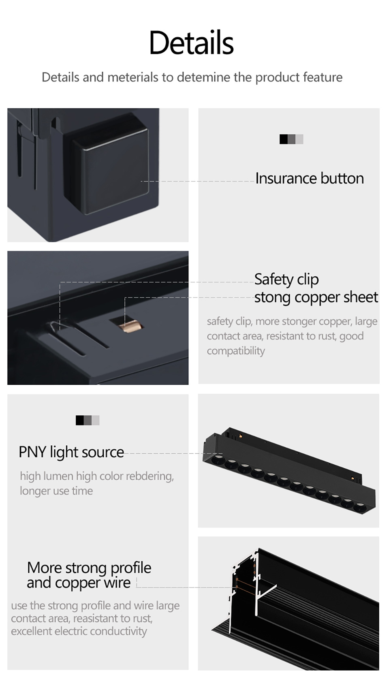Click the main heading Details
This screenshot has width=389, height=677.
click(x=191, y=42)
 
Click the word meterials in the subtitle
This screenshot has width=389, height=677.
click(x=133, y=77)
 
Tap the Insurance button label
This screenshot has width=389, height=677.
click(x=310, y=178)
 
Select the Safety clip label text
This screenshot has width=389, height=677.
click(x=286, y=280)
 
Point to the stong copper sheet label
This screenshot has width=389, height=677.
click(x=316, y=297)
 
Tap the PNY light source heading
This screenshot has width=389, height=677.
click(x=71, y=452)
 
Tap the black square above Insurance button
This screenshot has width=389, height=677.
click(x=284, y=139)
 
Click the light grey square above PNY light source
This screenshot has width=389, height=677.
click(x=96, y=421)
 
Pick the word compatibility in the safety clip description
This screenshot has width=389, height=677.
click(x=236, y=351)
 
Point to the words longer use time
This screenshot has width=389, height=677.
click(x=56, y=491)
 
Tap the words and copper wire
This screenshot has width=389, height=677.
click(x=79, y=583)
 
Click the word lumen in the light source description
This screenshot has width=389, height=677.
click(x=58, y=476)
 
